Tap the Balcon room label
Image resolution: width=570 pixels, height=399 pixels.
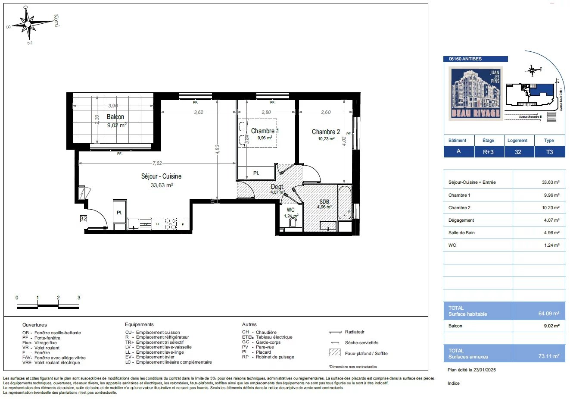[x=115, y=117]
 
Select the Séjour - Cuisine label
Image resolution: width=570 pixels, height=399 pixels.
[x=161, y=176]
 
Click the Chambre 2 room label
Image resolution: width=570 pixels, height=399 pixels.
[x=326, y=132]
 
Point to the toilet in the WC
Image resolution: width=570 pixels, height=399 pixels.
[x=293, y=222]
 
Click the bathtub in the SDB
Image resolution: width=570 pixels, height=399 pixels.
[x=345, y=203]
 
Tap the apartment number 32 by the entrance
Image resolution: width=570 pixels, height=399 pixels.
[x=83, y=219]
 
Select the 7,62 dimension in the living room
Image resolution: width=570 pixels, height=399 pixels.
[x=157, y=163]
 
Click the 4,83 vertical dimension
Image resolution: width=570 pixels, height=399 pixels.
[x=218, y=149]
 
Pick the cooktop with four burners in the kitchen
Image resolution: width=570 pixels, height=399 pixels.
[x=170, y=224]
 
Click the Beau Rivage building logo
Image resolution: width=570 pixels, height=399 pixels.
[x=476, y=94]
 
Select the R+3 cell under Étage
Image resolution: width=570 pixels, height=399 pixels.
[x=488, y=152]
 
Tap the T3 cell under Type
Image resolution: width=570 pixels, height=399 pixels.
[x=549, y=152]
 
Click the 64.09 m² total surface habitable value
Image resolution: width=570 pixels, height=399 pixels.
[x=548, y=314]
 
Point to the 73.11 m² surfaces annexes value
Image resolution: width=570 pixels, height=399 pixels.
[x=548, y=356]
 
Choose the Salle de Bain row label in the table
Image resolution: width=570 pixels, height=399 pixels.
[x=461, y=232]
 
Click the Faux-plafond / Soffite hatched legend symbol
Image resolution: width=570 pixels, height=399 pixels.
[x=335, y=353]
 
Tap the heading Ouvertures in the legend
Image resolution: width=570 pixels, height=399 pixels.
[x=34, y=325]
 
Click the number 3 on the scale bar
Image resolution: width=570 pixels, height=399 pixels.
[x=79, y=298]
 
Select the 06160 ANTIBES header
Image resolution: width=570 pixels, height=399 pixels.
[x=465, y=59]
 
